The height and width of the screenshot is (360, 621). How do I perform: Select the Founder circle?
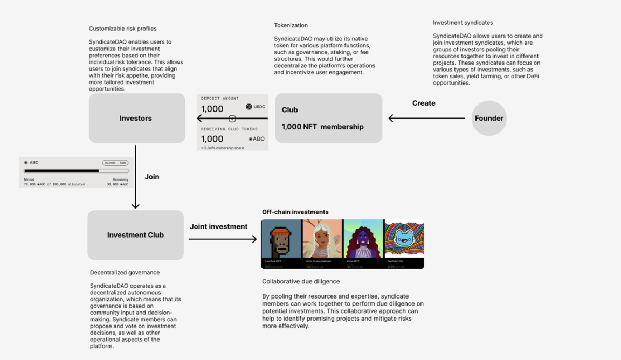[x=489, y=118]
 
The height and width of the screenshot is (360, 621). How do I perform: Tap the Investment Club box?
[x=135, y=235]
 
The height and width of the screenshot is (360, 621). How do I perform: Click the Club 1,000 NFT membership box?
[x=328, y=118]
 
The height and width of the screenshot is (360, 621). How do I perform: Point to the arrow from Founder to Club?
[x=426, y=118]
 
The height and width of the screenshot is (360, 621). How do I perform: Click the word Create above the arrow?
[x=424, y=103]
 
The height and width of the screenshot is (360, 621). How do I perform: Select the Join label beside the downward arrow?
[x=152, y=177]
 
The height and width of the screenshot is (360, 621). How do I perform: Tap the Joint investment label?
[x=219, y=226]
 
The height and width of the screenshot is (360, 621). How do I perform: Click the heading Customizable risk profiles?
[x=123, y=29]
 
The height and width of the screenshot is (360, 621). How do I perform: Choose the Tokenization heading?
[x=291, y=25]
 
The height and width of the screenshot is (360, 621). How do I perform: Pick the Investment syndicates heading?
[x=463, y=23]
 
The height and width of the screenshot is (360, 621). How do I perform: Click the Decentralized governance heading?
[x=125, y=273]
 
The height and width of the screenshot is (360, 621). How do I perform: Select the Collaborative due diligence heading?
[x=301, y=281]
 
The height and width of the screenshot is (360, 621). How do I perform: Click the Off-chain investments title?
[x=295, y=212]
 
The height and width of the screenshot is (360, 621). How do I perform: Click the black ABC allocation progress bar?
[x=61, y=171]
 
